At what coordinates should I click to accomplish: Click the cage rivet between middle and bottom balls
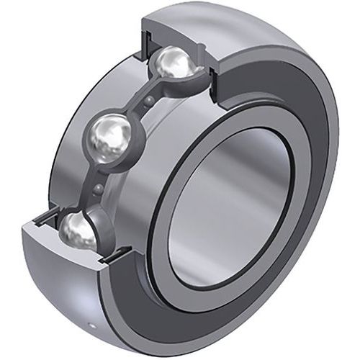click(x=97, y=189)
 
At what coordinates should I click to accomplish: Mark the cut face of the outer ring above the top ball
click(x=173, y=29)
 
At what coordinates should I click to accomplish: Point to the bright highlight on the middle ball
click(x=108, y=130)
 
